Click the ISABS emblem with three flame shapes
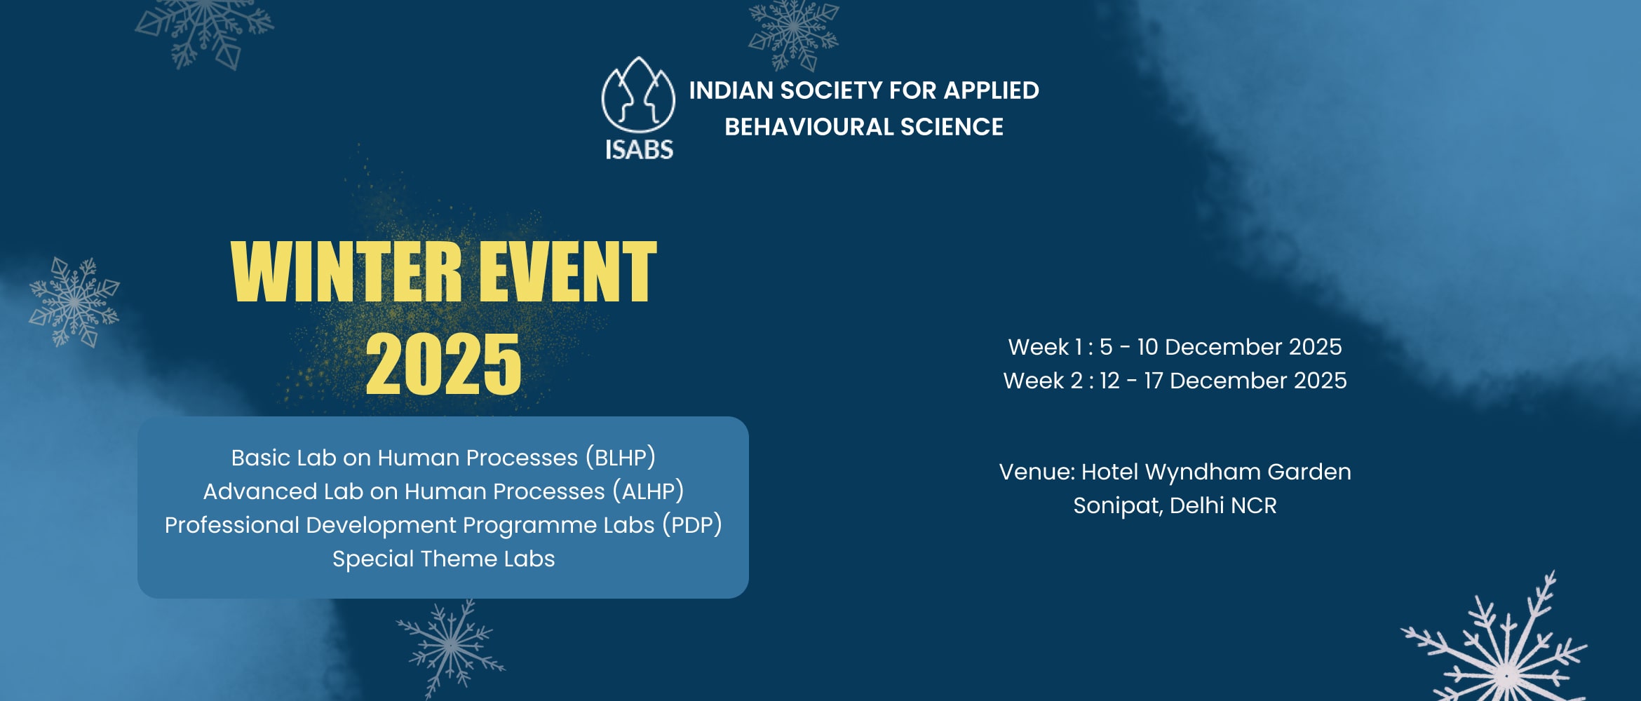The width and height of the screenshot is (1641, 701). [x=638, y=95]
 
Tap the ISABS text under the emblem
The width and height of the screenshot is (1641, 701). [x=639, y=149]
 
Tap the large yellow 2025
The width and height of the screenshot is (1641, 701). [x=443, y=364]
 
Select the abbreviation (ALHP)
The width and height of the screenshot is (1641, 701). [x=648, y=491]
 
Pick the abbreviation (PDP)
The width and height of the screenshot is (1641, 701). [x=692, y=525]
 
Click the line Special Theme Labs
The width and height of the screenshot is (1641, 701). [x=443, y=559]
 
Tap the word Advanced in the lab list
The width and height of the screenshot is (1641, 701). [x=260, y=491]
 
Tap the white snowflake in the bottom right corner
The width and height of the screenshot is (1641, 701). [x=1497, y=641]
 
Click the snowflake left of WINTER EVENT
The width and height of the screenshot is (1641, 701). [x=74, y=302]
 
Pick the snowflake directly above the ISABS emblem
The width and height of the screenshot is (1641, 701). [x=793, y=32]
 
